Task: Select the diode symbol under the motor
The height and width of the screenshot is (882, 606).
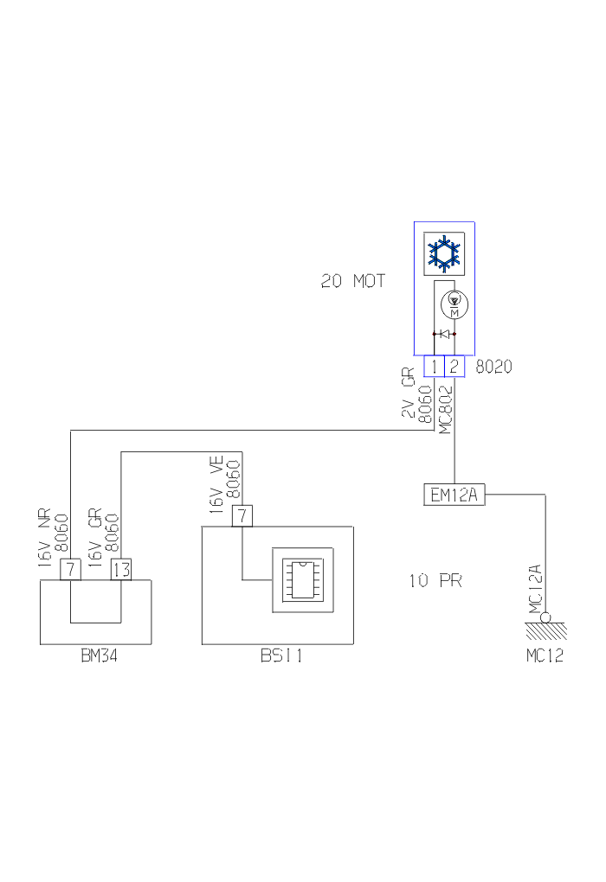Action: [445, 334]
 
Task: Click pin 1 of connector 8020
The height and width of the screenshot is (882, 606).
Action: [435, 367]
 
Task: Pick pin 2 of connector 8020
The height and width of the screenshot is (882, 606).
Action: [455, 367]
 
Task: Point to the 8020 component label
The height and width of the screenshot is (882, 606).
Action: [493, 367]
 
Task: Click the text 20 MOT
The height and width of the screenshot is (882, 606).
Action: [353, 281]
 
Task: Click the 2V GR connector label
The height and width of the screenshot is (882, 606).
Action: [409, 394]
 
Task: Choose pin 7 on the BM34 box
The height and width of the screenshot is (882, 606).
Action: [70, 570]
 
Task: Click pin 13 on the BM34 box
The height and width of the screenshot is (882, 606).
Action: [121, 570]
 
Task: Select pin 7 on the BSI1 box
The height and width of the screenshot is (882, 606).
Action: [242, 516]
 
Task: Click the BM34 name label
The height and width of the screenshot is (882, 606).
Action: [99, 656]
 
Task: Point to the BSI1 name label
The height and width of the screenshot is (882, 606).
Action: [280, 656]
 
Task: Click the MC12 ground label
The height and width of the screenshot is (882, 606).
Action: [545, 656]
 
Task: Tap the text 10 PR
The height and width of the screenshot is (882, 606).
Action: [435, 581]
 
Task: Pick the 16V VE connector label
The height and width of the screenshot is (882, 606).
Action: [216, 484]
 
